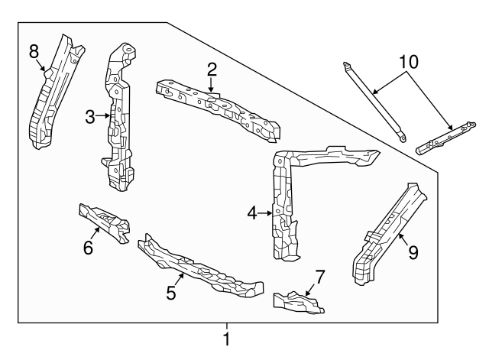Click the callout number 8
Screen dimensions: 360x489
pos(34,52)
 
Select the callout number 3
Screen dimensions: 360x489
pos(90,117)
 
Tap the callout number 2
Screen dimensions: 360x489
pos(212,70)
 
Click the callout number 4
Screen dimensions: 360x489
pos(251,214)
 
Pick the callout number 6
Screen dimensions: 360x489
pos(88,248)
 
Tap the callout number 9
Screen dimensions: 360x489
pos(413,252)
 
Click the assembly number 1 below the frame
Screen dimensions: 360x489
pos(226,338)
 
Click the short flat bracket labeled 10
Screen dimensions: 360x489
pos(443,136)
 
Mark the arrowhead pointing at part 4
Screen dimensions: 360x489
pos(270,214)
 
